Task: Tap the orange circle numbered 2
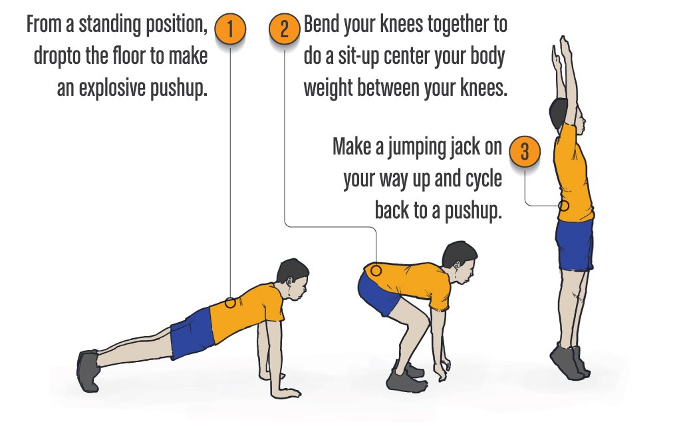[285, 29]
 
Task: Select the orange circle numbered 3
[524, 151]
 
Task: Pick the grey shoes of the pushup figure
[88, 369]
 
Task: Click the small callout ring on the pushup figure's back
[230, 302]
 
